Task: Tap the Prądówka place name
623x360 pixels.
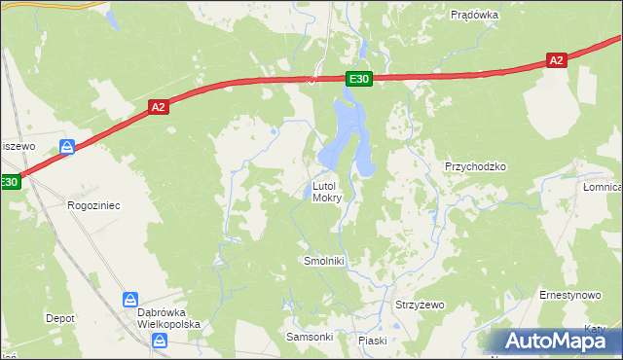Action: pyautogui.click(x=475, y=15)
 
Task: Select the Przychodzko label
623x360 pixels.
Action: pyautogui.click(x=476, y=166)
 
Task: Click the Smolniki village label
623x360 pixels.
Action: pyautogui.click(x=325, y=262)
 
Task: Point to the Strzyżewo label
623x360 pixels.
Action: pyautogui.click(x=420, y=305)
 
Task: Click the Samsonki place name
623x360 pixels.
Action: pyautogui.click(x=310, y=337)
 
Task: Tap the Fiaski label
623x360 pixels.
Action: pyautogui.click(x=373, y=341)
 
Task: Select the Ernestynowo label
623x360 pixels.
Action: pyautogui.click(x=570, y=294)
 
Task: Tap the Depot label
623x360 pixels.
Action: pyautogui.click(x=60, y=318)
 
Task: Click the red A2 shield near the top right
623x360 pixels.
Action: pyautogui.click(x=556, y=60)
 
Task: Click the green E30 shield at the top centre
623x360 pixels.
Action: pyautogui.click(x=358, y=79)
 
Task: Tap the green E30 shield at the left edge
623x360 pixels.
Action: pyautogui.click(x=9, y=182)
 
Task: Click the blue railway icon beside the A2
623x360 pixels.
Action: pyautogui.click(x=67, y=147)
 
